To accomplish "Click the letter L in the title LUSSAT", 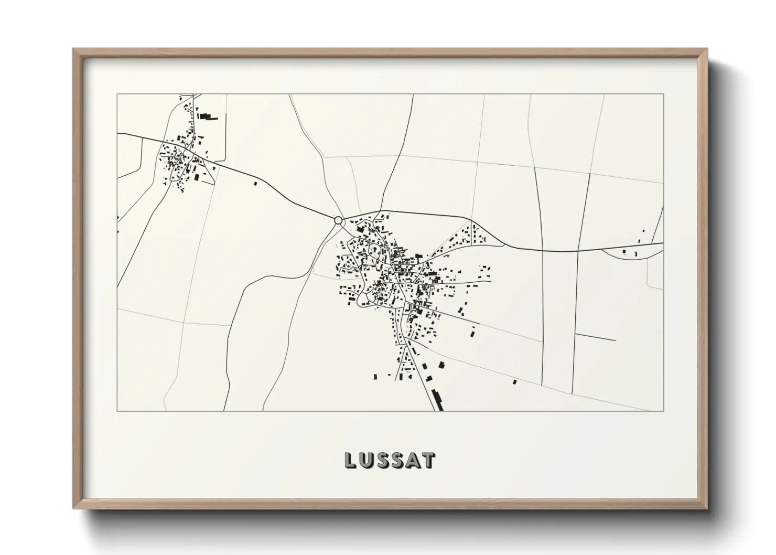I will coord(350,460).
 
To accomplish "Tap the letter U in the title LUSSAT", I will coord(367,460).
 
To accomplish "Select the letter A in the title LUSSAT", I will coord(412,460).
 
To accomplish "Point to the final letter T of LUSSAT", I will coord(428,460).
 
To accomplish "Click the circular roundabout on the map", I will coord(339,220).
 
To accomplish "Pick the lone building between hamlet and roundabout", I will coord(255,184).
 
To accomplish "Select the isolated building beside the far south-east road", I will coord(515,382).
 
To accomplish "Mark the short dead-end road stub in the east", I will coord(595,337).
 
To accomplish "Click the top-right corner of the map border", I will coord(663,94).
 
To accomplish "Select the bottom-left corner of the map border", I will coord(117,411).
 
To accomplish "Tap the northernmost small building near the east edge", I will coord(644,231).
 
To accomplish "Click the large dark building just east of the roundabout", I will coord(361,228).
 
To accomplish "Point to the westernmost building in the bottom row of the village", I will coord(375,376).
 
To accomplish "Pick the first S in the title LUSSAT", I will coord(382,460).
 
